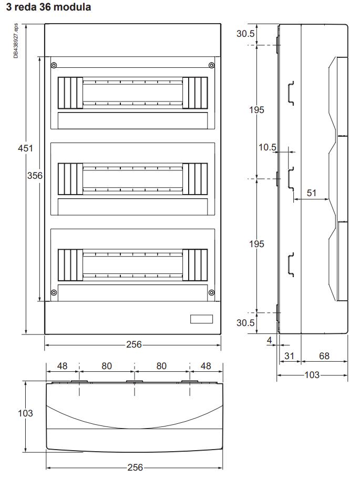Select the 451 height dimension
pyautogui.click(x=24, y=148)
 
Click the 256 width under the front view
pyautogui.click(x=133, y=345)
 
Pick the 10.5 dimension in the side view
pyautogui.click(x=267, y=147)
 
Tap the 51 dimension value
pyautogui.click(x=312, y=193)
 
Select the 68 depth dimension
pyautogui.click(x=324, y=356)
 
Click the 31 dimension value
pyautogui.click(x=290, y=356)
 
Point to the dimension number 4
pyautogui.click(x=270, y=341)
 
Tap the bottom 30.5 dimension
pyautogui.click(x=246, y=322)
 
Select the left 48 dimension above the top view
pyautogui.click(x=62, y=365)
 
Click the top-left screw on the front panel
pyautogui.click(x=54, y=65)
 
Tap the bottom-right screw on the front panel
pyautogui.click(x=211, y=292)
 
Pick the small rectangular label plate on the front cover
pyautogui.click(x=201, y=319)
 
